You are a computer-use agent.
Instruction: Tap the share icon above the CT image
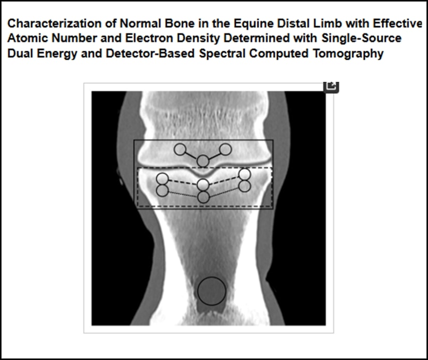331,87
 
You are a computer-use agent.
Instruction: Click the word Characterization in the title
55,24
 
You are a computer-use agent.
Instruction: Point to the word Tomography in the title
348,54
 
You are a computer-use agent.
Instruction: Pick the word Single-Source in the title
361,39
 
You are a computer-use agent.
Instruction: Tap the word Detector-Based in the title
150,53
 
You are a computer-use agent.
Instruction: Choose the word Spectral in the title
222,54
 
